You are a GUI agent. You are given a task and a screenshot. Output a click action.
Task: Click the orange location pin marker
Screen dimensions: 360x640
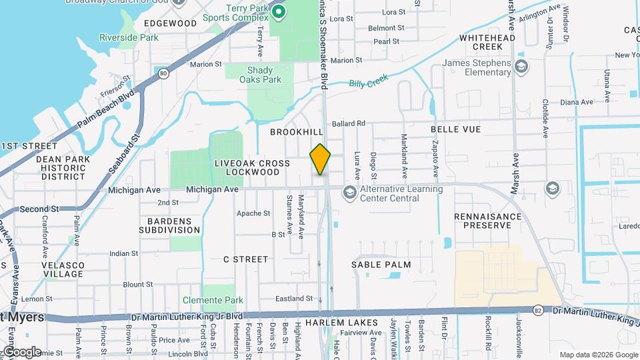pyautogui.click(x=320, y=159)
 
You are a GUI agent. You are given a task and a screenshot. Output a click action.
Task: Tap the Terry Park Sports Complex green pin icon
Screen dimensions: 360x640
pyautogui.click(x=277, y=11)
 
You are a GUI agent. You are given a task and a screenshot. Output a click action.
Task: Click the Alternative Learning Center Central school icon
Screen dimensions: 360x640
pyautogui.click(x=349, y=193)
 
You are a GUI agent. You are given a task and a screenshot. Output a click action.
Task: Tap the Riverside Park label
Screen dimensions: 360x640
pyautogui.click(x=129, y=37)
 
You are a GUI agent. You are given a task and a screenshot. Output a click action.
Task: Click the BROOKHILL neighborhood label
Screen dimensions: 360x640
pyautogui.click(x=292, y=132)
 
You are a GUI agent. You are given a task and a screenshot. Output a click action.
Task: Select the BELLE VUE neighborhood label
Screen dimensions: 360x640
pyautogui.click(x=456, y=128)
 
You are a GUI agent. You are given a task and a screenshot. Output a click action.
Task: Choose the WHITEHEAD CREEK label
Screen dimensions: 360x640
pyautogui.click(x=481, y=42)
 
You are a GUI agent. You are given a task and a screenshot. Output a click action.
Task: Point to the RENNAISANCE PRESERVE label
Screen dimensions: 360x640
pyautogui.click(x=488, y=221)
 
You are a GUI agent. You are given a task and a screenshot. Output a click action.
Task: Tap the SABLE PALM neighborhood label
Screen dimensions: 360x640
pyautogui.click(x=382, y=265)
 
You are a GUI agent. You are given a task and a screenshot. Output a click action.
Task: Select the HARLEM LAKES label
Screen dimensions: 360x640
pyautogui.click(x=341, y=323)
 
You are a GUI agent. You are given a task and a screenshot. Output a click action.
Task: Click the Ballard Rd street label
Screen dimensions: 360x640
pyautogui.click(x=349, y=123)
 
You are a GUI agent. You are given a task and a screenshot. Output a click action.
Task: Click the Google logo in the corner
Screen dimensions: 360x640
pyautogui.click(x=21, y=351)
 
